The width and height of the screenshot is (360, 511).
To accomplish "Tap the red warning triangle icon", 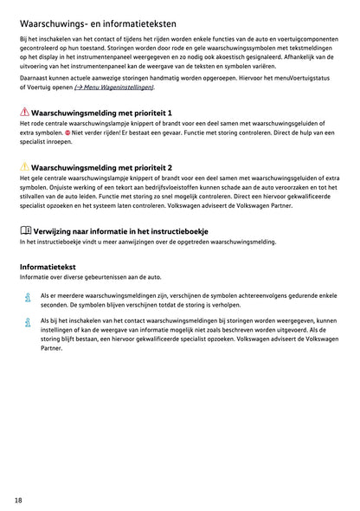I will pos(23,113).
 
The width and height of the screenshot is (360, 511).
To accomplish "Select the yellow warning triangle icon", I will pos(23,166).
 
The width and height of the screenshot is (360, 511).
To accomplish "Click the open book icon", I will pos(24,230).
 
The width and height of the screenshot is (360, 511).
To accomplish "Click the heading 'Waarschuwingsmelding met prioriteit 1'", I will pos(101,113).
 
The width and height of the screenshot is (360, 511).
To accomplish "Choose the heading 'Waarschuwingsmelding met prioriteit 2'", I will pos(101,166).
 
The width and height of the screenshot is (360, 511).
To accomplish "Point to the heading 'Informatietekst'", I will pos(49,268).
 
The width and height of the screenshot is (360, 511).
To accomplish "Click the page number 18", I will pos(19,500).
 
